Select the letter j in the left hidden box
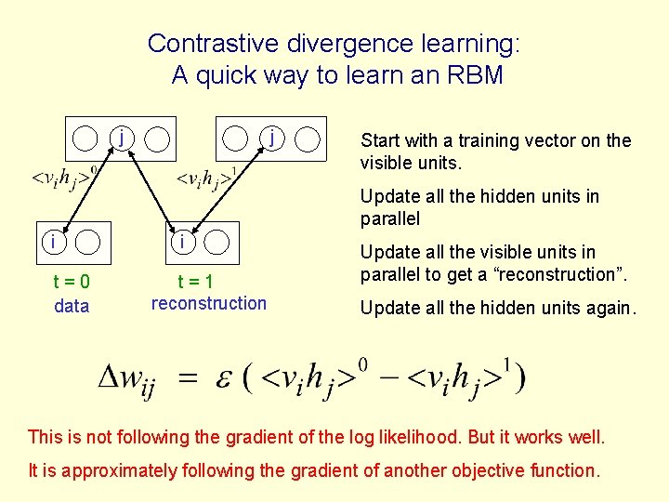pos(122,138)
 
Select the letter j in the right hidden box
pos(270,138)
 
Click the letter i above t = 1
pos(184,242)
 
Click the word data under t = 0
pos(72,306)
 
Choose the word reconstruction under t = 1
pos(208,303)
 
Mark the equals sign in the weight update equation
pos(189,378)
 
